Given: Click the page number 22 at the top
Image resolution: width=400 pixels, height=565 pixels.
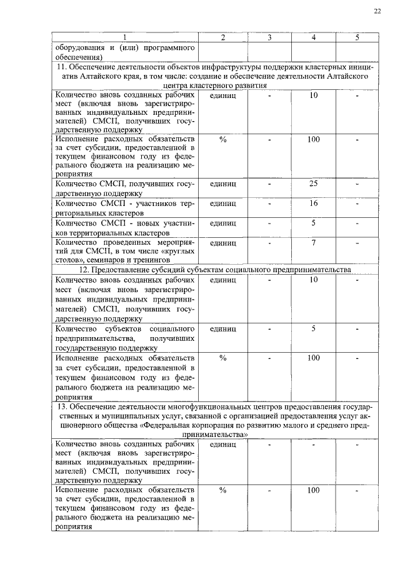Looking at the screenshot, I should pos(377,11).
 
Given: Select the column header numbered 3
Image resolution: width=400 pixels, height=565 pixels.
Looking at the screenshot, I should pos(268,38).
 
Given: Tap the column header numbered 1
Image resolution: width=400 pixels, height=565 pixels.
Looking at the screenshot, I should pos(124,38).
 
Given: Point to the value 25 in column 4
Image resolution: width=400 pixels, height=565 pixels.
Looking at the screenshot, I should pos(314,184).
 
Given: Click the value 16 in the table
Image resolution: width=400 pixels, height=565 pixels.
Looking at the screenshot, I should pos(314,204).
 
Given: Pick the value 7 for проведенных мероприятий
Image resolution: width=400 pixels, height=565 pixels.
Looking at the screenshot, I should pos(314,242).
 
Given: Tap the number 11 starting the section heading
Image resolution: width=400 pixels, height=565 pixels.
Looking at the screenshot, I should pos(61,67).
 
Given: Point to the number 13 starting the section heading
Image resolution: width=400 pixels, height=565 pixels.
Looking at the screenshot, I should pos(61,408).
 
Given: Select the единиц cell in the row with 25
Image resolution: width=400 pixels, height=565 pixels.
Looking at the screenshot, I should pos(222,184).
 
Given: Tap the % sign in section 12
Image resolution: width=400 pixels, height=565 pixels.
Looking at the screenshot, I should pos(222,358).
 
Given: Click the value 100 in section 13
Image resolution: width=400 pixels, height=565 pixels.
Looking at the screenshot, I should pos(314,491).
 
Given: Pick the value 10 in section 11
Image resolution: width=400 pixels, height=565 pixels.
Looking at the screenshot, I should pos(314,96).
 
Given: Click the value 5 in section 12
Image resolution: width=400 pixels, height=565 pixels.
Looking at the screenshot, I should pos(314,328).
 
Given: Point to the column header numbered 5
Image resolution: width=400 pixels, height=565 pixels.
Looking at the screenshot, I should pos(357,38).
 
